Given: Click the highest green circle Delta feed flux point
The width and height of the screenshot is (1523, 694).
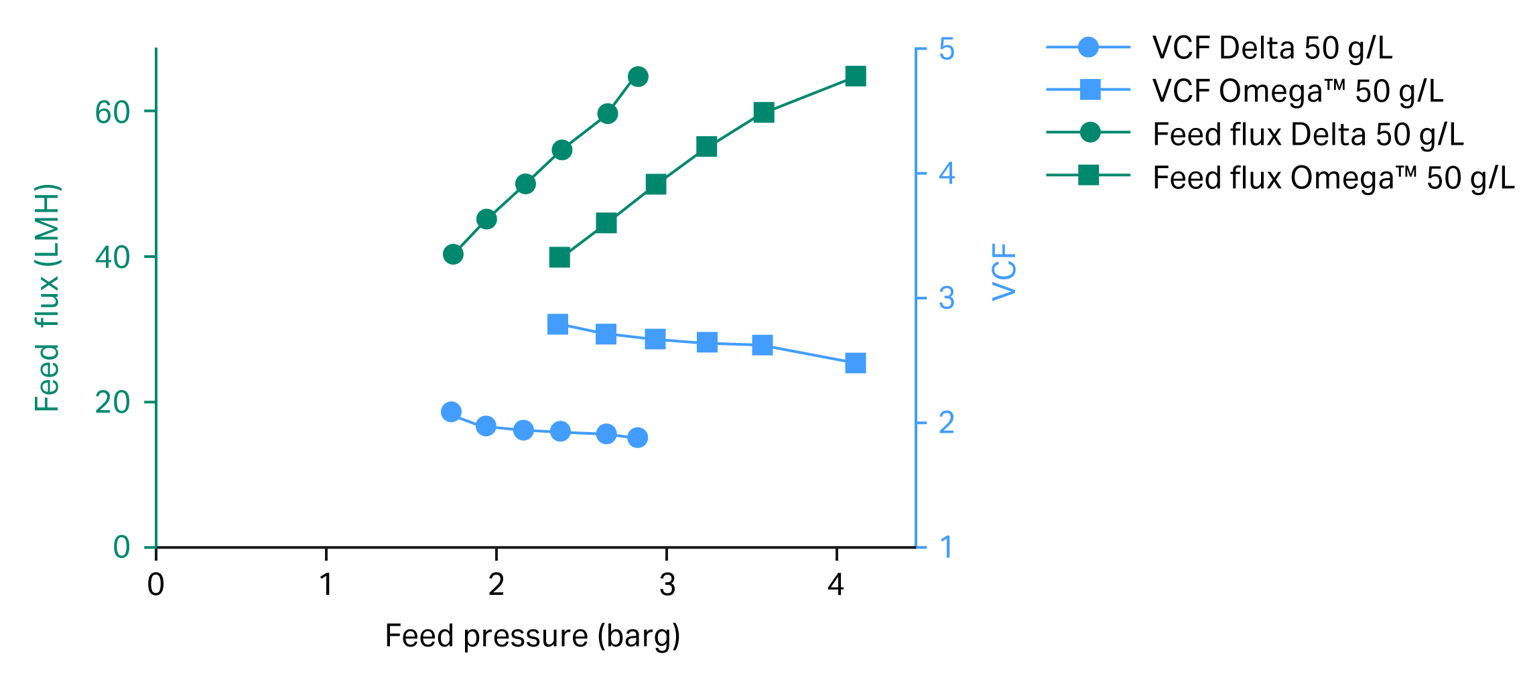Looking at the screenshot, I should pos(638,77).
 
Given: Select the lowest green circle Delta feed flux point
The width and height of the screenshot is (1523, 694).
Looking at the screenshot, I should pos(453,255).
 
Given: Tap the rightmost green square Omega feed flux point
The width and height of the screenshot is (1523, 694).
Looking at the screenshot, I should pos(855,76).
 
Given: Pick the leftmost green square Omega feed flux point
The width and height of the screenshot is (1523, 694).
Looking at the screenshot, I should pos(559,257).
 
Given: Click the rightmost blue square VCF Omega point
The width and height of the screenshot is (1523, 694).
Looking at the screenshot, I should pos(855,363).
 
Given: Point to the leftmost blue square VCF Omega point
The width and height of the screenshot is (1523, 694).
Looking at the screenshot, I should pos(557,324).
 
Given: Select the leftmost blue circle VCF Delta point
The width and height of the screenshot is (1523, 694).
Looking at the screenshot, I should pos(451,412).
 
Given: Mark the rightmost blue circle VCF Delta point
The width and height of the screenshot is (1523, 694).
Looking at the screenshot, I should pos(637,438).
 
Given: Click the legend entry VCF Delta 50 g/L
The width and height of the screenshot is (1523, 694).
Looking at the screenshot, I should pos(1271,48).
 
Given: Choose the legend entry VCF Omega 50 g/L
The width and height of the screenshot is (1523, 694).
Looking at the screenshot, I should pos(1297,91).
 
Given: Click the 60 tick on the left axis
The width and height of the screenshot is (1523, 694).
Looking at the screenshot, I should pos(112,112).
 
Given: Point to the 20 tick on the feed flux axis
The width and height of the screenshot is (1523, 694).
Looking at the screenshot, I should pos(112,403).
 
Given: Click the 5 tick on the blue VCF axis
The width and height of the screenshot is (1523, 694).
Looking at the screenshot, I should pos(946,50).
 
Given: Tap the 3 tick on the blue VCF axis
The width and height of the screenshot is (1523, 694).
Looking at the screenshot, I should pos(946,299).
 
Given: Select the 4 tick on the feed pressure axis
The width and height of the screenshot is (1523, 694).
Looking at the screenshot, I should pos(836,585).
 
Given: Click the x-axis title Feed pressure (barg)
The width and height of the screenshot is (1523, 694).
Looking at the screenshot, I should pos(532,636).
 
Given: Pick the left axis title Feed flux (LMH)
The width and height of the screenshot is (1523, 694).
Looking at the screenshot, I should pos(48,297).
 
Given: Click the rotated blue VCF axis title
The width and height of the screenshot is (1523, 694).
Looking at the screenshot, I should pos(1004,272).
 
